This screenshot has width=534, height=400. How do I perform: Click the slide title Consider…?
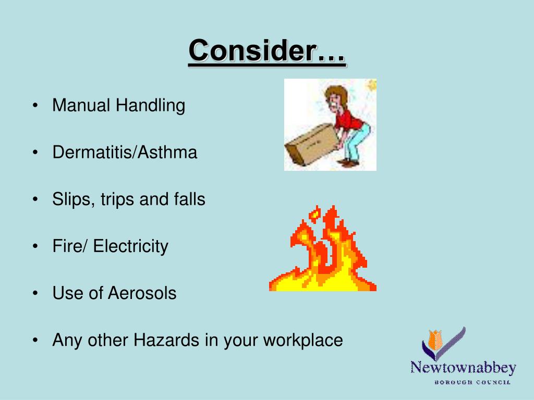[267, 52]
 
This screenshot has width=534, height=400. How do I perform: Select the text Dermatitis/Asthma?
[125, 153]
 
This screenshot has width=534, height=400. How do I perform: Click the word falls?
[189, 199]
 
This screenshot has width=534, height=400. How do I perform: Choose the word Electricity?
[130, 246]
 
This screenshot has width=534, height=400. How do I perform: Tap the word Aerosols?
[142, 293]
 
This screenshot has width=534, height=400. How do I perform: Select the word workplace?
[302, 341]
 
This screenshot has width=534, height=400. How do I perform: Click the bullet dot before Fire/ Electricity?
[35, 246]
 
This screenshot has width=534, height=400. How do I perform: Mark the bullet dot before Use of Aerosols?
[35, 293]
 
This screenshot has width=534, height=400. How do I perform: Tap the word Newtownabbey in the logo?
[463, 368]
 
